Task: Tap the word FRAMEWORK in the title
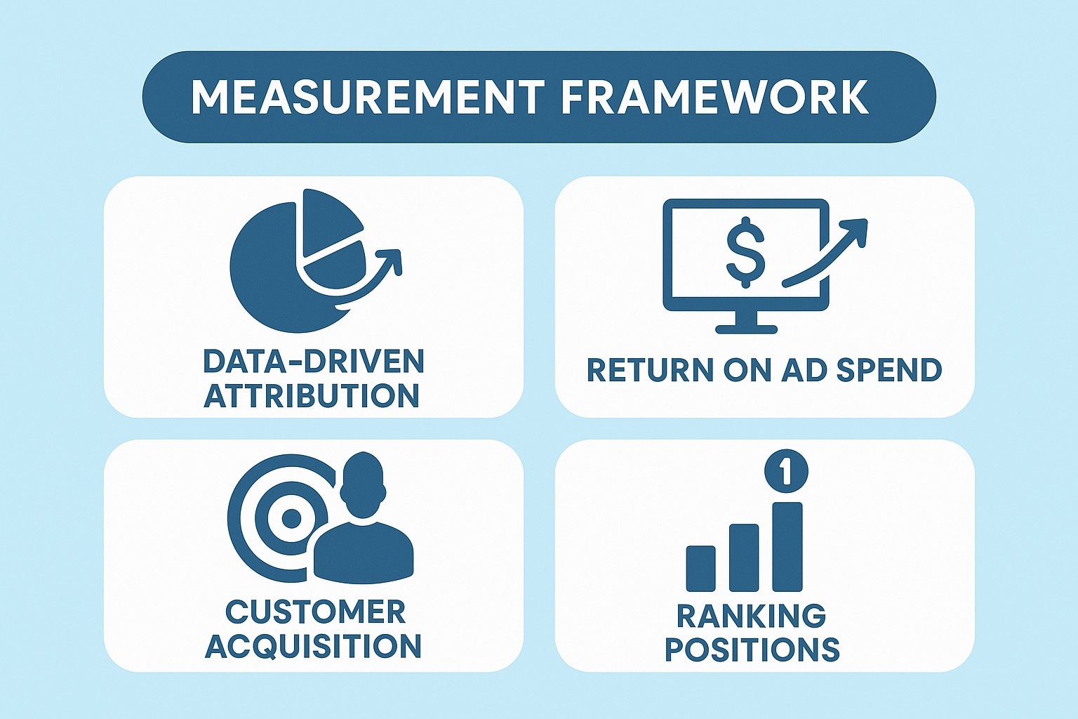pyautogui.click(x=715, y=98)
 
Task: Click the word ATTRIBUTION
pyautogui.click(x=312, y=396)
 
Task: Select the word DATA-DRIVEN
pyautogui.click(x=314, y=362)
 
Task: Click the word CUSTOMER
pyautogui.click(x=315, y=612)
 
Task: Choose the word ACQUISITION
pyautogui.click(x=314, y=646)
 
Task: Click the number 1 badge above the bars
pyautogui.click(x=785, y=471)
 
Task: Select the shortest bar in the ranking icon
pyautogui.click(x=700, y=569)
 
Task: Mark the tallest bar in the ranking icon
pyautogui.click(x=787, y=546)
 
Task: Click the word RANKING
pyautogui.click(x=751, y=616)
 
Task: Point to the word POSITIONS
pyautogui.click(x=752, y=649)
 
